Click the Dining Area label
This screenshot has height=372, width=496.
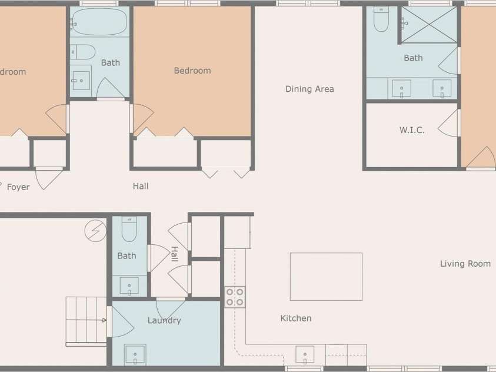[309, 89]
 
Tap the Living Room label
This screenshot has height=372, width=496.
[465, 264]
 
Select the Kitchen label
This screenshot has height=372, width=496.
[296, 318]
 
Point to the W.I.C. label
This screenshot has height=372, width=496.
[412, 130]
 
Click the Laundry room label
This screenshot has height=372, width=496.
[164, 320]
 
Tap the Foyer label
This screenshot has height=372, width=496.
[18, 187]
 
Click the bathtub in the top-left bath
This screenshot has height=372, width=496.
[99, 22]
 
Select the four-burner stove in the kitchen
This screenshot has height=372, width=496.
[235, 297]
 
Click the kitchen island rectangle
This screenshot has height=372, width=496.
[326, 277]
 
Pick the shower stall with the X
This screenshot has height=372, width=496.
[429, 25]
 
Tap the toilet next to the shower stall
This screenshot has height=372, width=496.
[381, 19]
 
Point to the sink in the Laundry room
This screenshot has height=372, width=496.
[135, 354]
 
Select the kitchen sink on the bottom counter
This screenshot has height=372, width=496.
[305, 354]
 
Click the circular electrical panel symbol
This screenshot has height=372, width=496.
[95, 231]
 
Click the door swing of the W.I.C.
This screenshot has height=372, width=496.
[448, 124]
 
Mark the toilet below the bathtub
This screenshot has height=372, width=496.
[83, 52]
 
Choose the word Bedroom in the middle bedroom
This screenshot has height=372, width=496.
[192, 71]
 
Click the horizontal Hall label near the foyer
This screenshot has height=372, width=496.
[141, 186]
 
